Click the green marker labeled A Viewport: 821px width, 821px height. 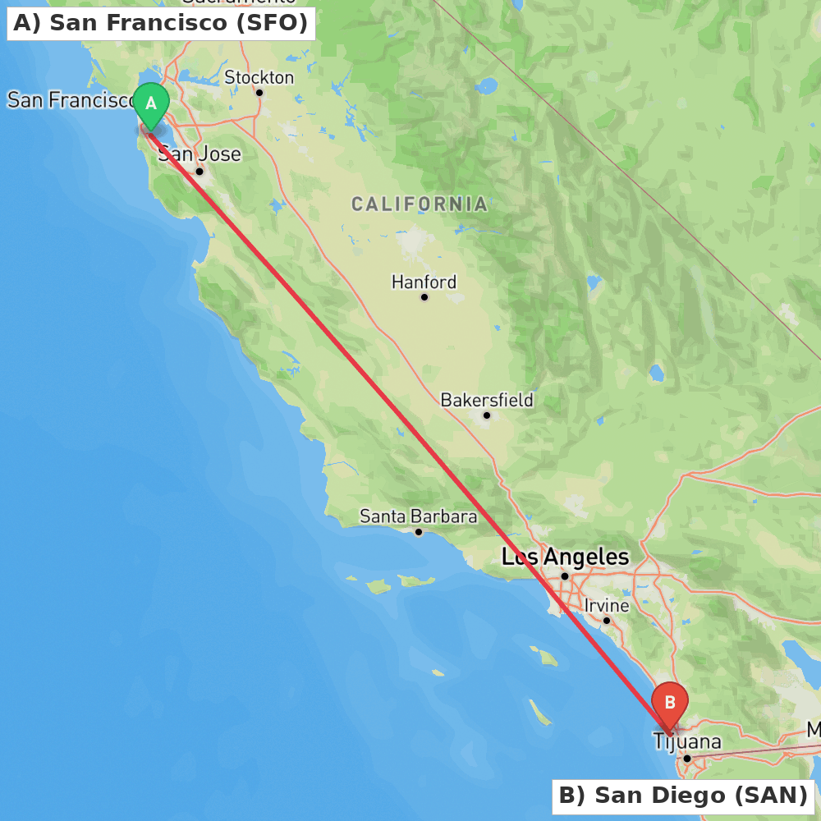coord(151,104)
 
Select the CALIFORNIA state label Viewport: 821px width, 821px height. coord(420,204)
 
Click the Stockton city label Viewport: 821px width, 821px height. coord(259,77)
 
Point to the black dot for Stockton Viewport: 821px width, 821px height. coord(259,92)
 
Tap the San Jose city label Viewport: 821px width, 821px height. coord(200,154)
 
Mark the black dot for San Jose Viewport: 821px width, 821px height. coord(199,171)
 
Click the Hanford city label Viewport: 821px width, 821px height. coord(424,282)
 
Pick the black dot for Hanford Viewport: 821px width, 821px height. coord(424,296)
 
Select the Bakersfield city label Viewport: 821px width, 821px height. coord(487,400)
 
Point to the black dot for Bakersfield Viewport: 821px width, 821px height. coord(486,415)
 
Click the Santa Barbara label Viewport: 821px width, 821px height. coord(418,516)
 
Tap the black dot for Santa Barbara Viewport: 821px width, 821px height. coord(418,532)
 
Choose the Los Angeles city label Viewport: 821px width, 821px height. coord(565,557)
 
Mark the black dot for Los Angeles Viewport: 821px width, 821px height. coord(565,576)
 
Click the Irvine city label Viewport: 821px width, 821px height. coord(607,606)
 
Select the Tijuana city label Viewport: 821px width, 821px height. coord(687,742)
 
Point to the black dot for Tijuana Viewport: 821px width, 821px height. coord(686,758)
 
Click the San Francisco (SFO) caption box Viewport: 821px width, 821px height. coord(161,24)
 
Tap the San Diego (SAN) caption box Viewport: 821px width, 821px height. coord(683,796)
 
